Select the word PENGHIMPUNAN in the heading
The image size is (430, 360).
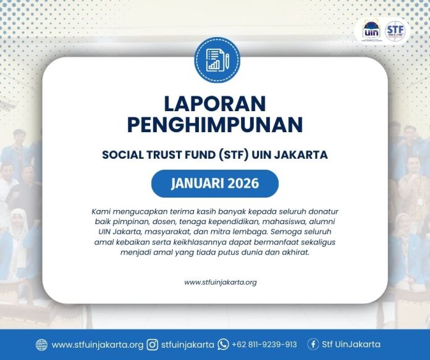tap(214, 125)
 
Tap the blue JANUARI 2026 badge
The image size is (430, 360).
tap(214, 183)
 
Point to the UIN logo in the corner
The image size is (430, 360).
tap(371, 30)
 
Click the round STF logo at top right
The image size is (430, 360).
tap(396, 30)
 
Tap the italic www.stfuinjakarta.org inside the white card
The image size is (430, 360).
tap(220, 282)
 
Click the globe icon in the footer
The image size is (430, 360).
tap(41, 345)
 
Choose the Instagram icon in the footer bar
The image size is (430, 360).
tap(153, 345)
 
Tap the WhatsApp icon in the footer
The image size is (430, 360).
tap(223, 345)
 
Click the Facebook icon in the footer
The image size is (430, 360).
tap(313, 345)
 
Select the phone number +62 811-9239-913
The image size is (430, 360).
tap(264, 345)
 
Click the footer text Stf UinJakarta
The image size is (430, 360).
tap(353, 345)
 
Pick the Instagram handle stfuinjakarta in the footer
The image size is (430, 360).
tap(187, 345)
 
